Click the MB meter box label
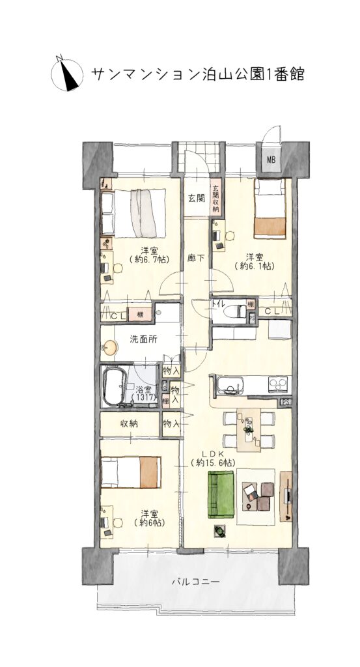pos(271,160)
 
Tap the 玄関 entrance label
pos(197,198)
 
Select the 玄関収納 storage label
pos(215,199)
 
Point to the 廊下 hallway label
pos(196,257)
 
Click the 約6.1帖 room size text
pos(255,266)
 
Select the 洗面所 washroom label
pos(143,339)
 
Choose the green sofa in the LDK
pos(221,494)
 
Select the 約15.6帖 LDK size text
pos(214,462)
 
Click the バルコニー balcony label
pos(196,581)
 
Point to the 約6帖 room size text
pos(149,522)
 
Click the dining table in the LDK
pos(249,430)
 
